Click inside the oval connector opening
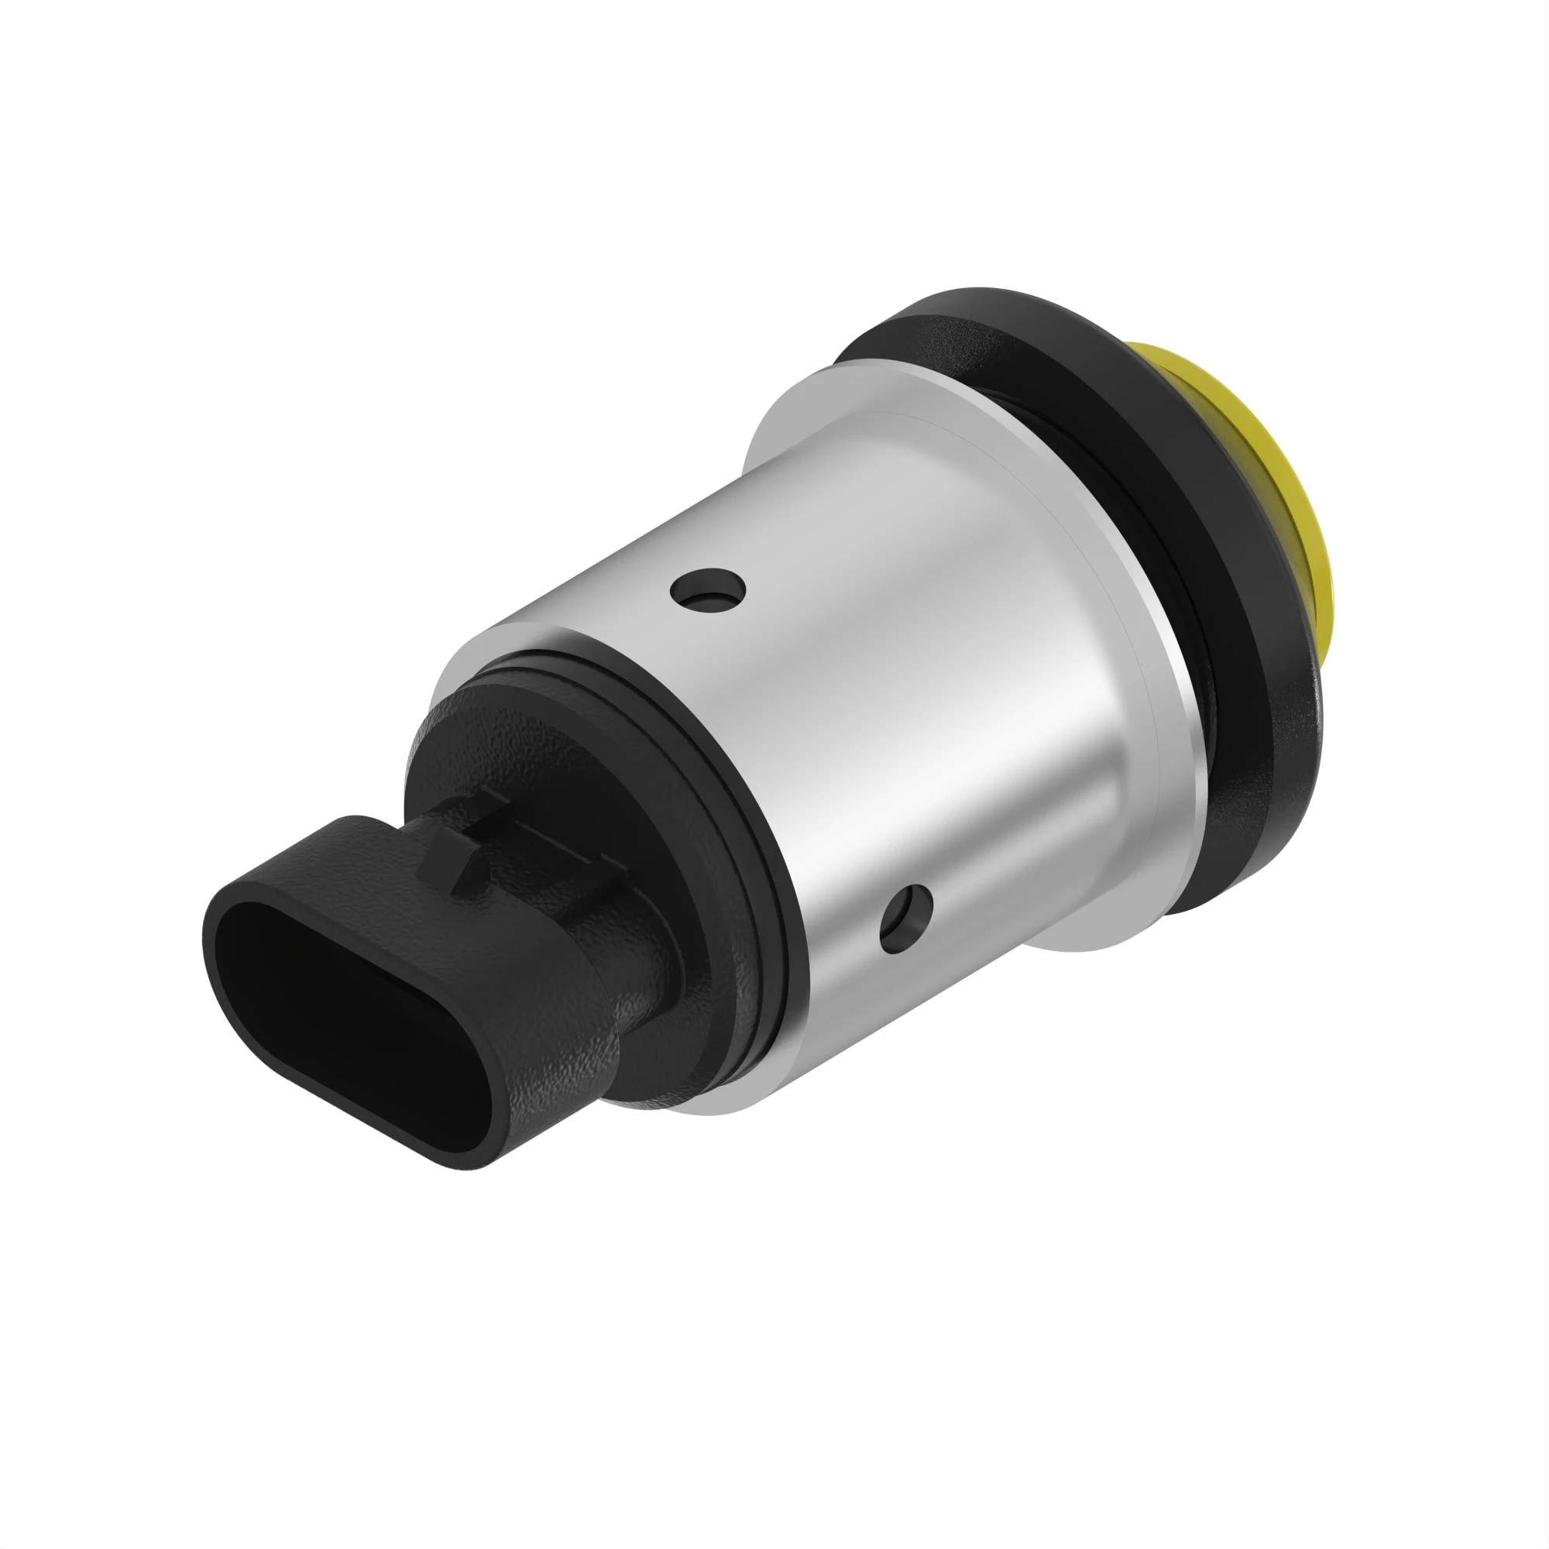click(352, 994)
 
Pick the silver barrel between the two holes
click(810, 746)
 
